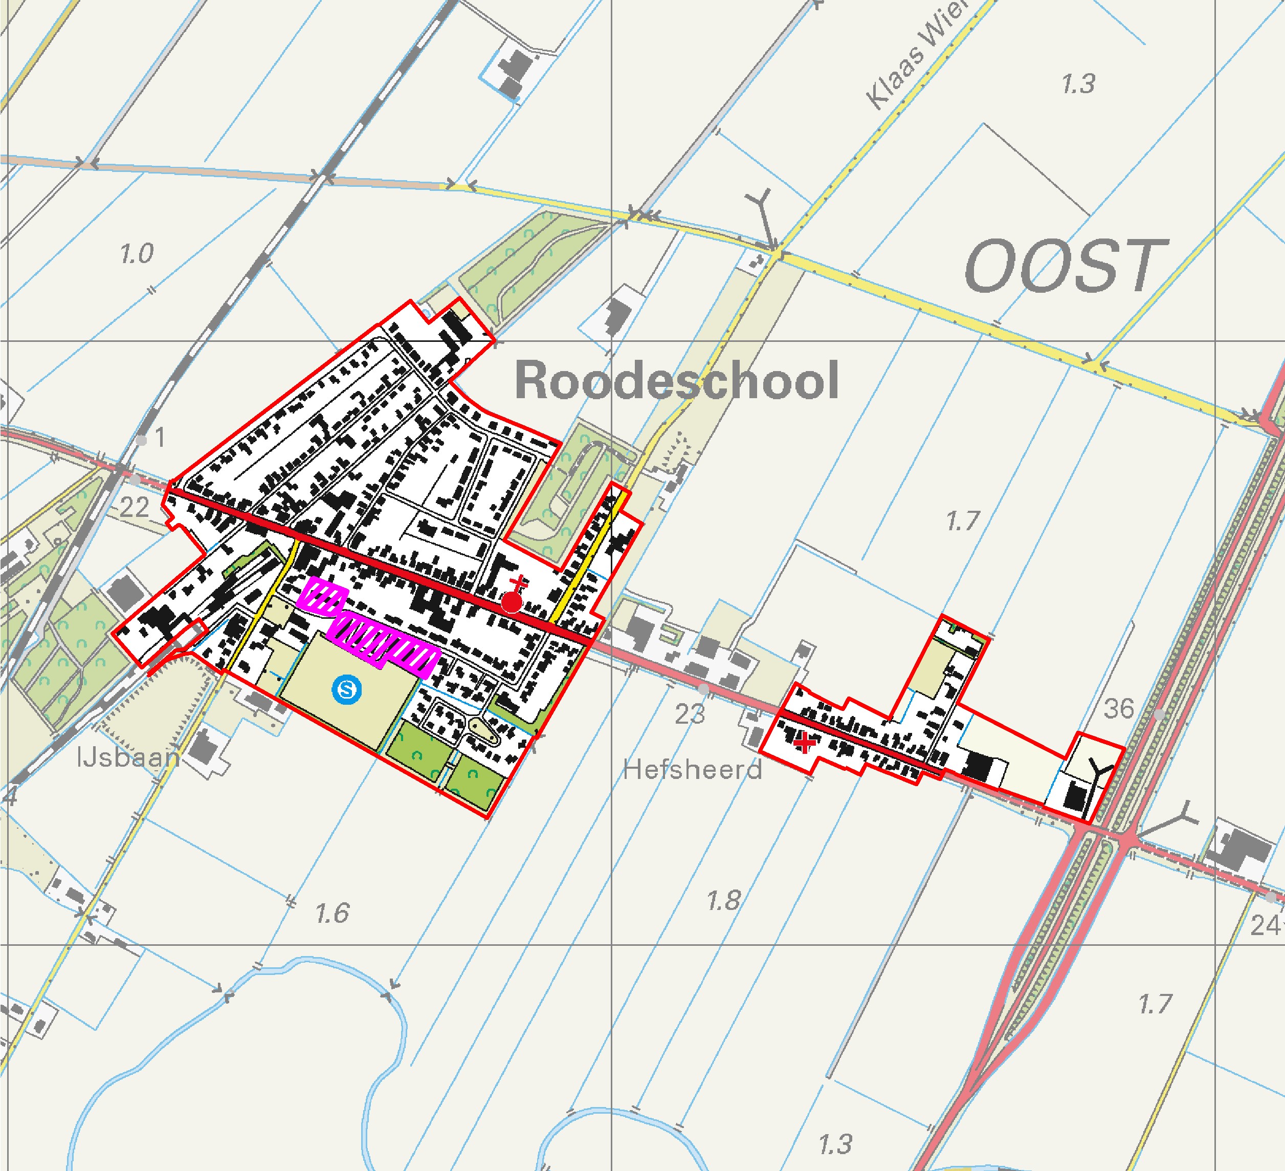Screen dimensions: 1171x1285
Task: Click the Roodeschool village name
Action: (676, 381)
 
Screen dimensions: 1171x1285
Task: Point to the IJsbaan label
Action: (128, 757)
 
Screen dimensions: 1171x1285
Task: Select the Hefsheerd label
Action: (692, 770)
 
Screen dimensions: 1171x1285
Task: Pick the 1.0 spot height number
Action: (137, 254)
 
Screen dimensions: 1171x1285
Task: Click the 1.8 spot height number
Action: (723, 901)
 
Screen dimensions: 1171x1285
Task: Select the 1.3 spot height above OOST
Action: (1078, 84)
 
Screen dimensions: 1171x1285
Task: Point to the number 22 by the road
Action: (135, 508)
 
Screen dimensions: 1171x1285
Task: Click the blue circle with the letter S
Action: (347, 689)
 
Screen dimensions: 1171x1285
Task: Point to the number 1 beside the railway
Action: (160, 438)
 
